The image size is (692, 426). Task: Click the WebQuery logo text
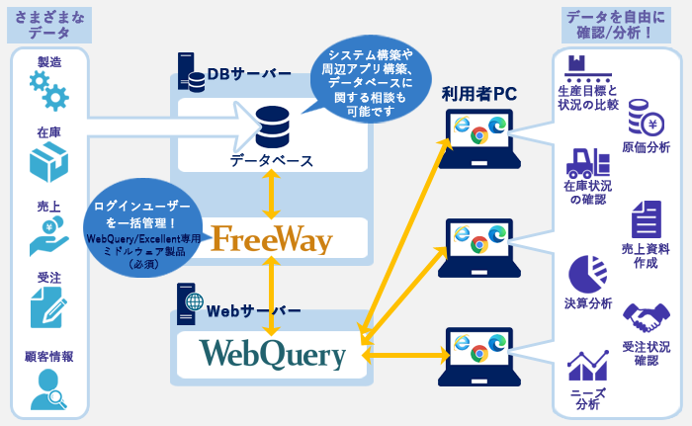pyautogui.click(x=273, y=353)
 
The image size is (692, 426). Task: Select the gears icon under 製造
pyautogui.click(x=48, y=90)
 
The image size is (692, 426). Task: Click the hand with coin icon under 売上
pyautogui.click(x=47, y=235)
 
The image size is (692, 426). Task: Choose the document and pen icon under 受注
pyautogui.click(x=48, y=307)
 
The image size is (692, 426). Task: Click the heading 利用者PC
pyautogui.click(x=478, y=94)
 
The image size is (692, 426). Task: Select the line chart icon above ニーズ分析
pyautogui.click(x=587, y=367)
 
